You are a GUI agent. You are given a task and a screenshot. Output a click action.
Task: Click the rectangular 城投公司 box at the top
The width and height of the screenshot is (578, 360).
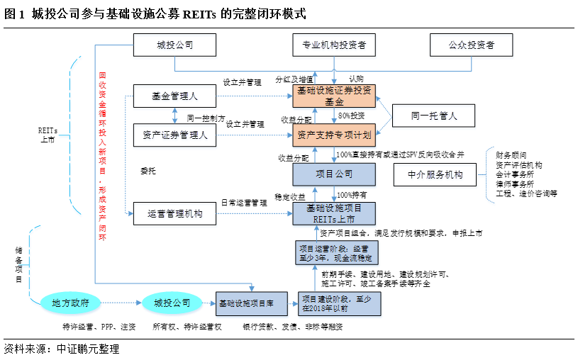[x=174, y=46]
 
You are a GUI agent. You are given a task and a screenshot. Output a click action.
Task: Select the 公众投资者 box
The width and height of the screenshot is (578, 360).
[x=471, y=46]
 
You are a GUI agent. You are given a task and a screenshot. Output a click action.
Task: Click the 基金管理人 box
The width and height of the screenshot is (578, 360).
[x=174, y=96]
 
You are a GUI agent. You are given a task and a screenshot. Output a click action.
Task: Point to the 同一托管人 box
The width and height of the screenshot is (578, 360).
[x=434, y=115]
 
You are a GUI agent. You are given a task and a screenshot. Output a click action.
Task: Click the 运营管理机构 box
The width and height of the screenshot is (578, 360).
[x=174, y=213]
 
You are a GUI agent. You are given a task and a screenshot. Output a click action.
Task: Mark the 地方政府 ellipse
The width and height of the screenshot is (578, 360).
[x=70, y=303]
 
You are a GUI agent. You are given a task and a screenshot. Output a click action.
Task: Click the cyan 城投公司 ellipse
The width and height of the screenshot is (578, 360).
[x=172, y=303]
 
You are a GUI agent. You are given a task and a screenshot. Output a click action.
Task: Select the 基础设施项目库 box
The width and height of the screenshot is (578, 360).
[x=252, y=303]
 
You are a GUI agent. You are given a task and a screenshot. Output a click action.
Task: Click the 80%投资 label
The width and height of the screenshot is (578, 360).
[x=351, y=116]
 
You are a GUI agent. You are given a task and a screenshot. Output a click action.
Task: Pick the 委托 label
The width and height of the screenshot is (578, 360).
[x=148, y=171]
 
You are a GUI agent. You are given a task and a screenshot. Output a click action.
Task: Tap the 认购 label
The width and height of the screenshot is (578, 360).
[x=356, y=78]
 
